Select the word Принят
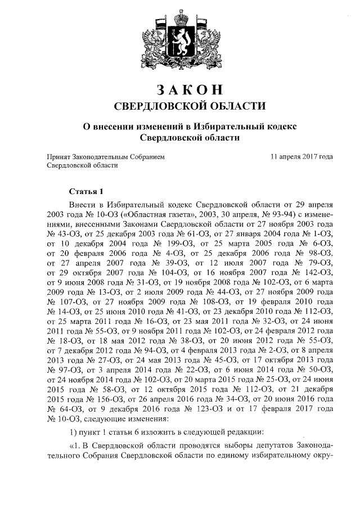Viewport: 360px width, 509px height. click(x=58, y=156)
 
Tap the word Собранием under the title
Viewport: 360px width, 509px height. click(x=148, y=156)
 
